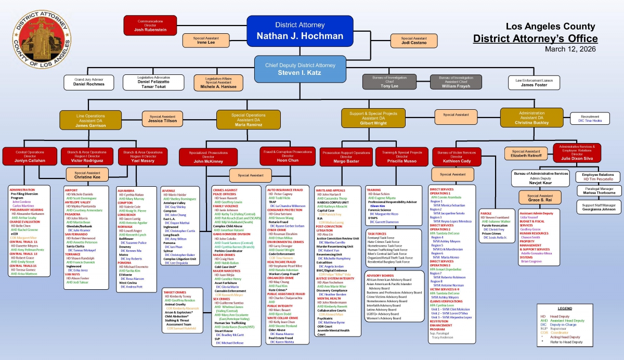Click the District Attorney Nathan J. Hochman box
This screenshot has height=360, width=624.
(x=300, y=31)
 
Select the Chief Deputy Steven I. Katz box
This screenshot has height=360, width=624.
(x=301, y=69)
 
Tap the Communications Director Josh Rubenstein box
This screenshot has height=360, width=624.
(x=150, y=25)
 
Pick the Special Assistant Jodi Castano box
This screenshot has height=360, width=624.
(x=414, y=40)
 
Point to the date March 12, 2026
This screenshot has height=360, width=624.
(x=571, y=49)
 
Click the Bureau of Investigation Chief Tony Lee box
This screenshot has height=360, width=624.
(x=389, y=83)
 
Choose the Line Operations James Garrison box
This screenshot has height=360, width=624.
(x=90, y=119)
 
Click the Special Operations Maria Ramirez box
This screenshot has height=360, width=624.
(x=248, y=119)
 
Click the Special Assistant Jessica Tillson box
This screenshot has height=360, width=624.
(x=163, y=119)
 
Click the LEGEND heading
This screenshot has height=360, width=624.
(x=565, y=308)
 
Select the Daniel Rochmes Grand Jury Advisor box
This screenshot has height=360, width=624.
(x=88, y=82)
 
